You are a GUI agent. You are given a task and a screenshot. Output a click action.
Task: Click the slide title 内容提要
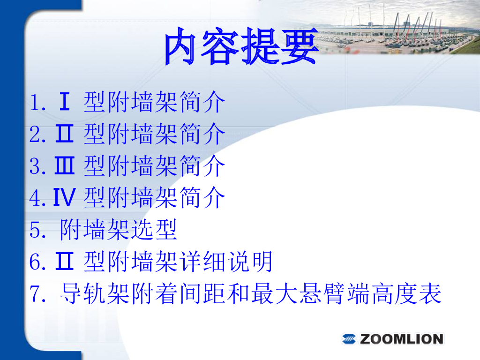[241, 46]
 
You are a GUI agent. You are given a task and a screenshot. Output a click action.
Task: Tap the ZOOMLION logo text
[401, 339]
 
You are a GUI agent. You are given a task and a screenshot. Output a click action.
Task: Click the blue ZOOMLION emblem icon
[349, 339]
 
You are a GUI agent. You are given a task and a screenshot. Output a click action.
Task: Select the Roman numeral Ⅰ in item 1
[64, 101]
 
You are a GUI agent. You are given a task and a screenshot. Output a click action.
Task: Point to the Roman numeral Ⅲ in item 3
[64, 165]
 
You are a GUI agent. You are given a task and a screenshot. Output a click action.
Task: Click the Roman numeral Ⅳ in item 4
[64, 197]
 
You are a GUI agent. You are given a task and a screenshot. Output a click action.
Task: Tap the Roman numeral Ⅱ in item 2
[64, 134]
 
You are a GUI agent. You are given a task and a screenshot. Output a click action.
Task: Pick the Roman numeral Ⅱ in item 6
[64, 261]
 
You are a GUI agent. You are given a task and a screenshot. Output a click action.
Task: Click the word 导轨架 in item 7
[95, 293]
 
